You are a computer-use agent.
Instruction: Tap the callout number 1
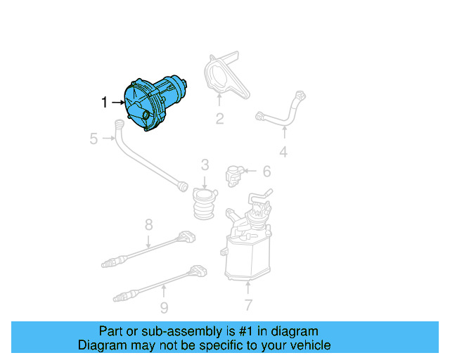(105, 103)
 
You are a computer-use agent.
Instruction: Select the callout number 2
(219, 119)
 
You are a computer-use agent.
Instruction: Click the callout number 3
(205, 165)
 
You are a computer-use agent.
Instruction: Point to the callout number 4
(283, 151)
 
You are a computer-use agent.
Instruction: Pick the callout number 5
(94, 139)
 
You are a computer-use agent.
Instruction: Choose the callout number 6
(266, 171)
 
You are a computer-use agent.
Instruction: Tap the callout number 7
(247, 304)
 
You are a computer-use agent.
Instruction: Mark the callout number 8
(148, 225)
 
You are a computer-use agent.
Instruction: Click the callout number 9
(163, 307)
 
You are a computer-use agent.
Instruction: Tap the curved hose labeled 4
(281, 112)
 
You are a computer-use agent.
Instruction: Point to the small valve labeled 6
(235, 173)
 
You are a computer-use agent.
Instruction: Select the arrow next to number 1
(118, 103)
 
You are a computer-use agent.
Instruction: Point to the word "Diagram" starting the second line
(101, 345)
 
